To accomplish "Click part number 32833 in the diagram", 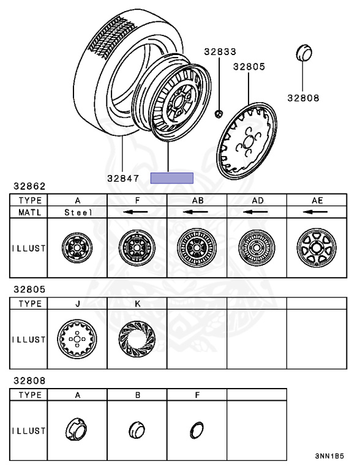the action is point(220,51).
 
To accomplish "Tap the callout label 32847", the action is point(123,178).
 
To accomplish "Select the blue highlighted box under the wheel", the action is point(171,178).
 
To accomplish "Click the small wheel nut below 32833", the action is point(219,114).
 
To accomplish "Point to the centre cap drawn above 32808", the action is point(304,53).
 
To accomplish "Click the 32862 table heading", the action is point(29,186).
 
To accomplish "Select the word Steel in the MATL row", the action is point(78,212).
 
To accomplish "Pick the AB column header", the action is point(197,200).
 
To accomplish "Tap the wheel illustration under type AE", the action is point(317,248).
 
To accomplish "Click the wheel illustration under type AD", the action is point(257,248).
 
